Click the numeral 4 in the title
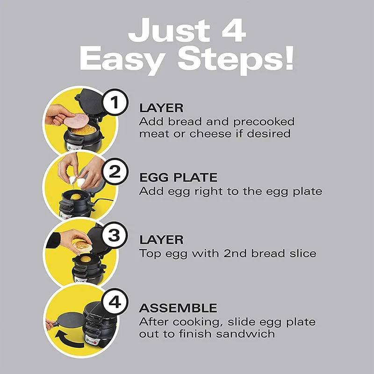(x=233, y=30)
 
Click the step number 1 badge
(x=115, y=102)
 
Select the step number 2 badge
(x=115, y=171)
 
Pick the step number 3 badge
(x=115, y=235)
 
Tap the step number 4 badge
(x=115, y=302)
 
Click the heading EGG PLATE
(x=179, y=178)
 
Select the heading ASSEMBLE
(x=178, y=308)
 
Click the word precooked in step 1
(x=264, y=122)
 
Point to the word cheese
(x=210, y=134)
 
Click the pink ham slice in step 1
(x=76, y=120)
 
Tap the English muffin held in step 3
(x=82, y=245)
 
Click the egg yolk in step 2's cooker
(x=76, y=197)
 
